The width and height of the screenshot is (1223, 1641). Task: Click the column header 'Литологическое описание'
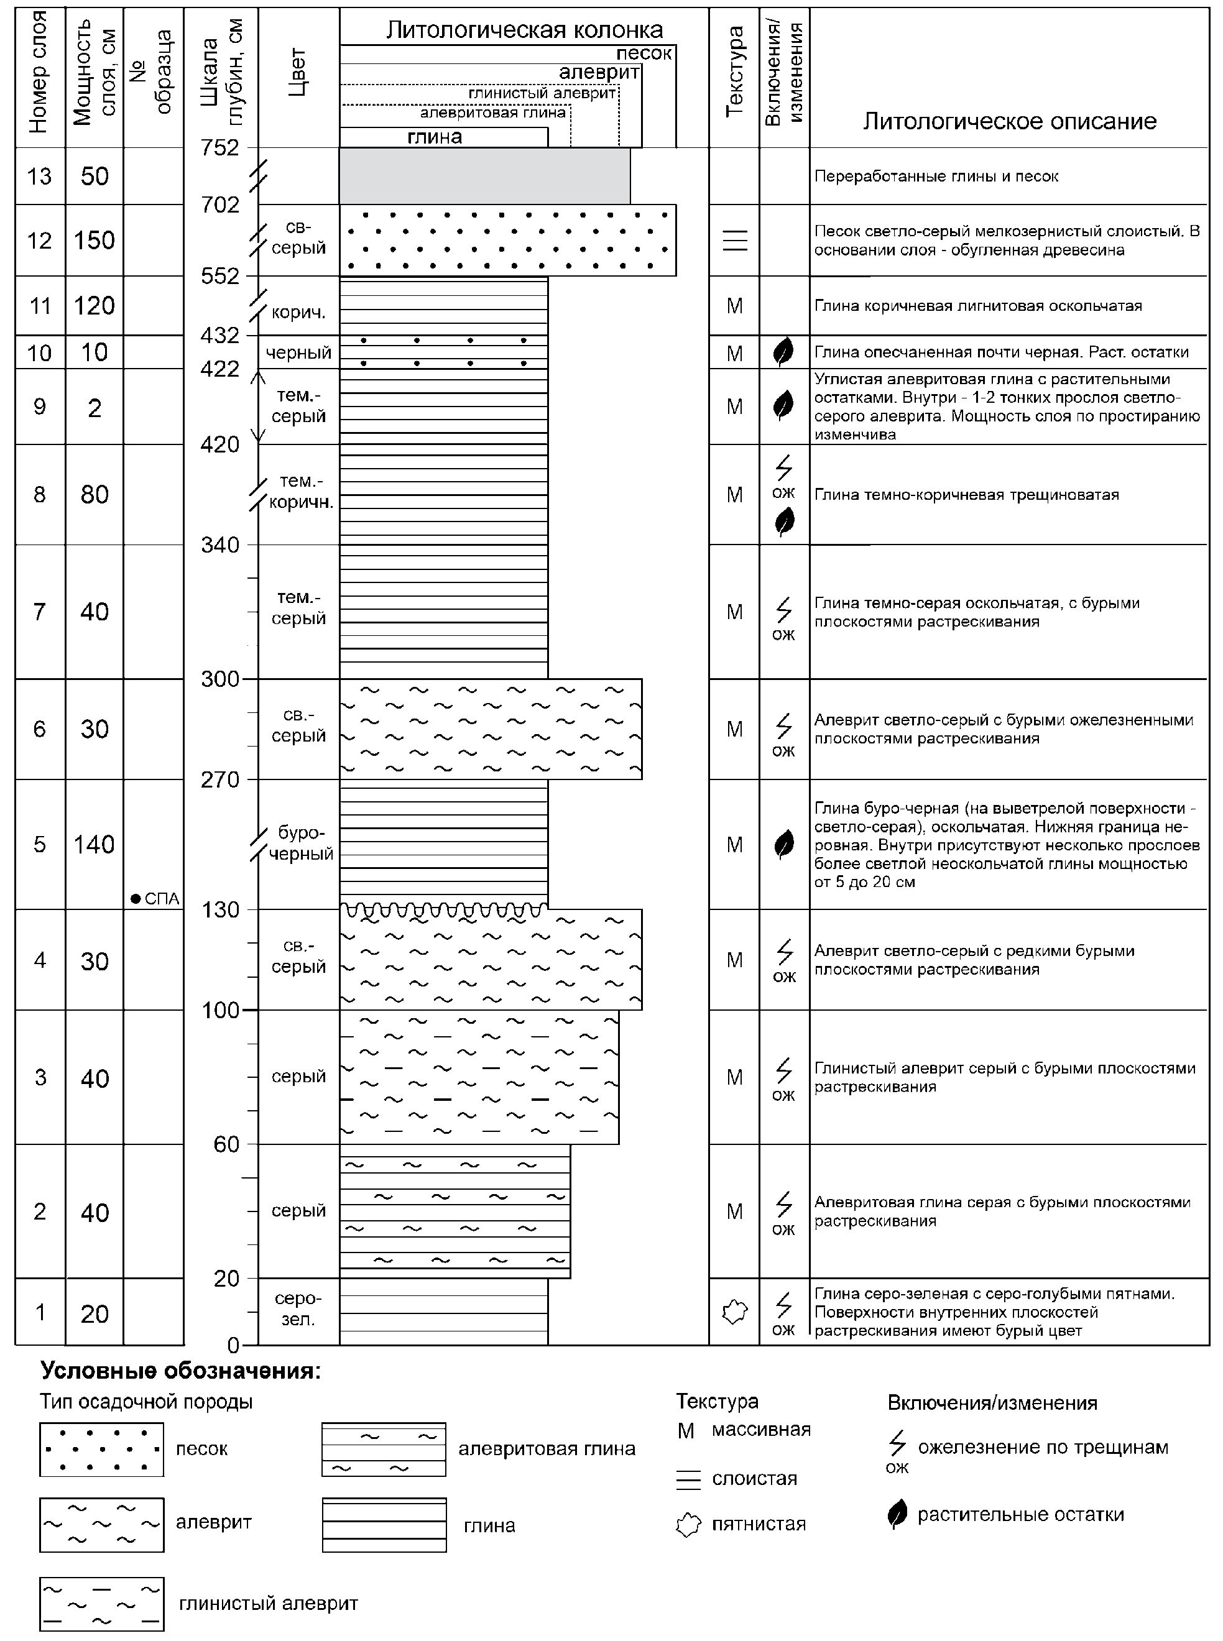(x=1009, y=121)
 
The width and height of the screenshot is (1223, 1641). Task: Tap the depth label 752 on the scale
(x=221, y=148)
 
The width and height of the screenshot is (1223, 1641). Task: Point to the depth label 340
(x=221, y=546)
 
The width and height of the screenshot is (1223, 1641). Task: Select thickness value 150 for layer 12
(x=94, y=241)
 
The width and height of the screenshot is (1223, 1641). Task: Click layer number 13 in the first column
(x=39, y=176)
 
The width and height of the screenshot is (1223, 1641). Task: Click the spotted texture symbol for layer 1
(x=734, y=1312)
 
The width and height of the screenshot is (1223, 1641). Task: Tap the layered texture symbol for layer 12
(x=734, y=241)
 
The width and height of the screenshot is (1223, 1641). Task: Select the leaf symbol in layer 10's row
(x=783, y=352)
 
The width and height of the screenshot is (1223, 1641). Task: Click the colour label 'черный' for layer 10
(x=298, y=353)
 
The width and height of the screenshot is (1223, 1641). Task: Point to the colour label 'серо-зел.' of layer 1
(x=298, y=1308)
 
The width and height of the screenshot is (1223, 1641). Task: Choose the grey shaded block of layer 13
(x=485, y=176)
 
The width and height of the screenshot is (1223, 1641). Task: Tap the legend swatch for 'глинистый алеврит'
(x=101, y=1604)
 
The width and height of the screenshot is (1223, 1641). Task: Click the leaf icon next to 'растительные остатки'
(x=897, y=1514)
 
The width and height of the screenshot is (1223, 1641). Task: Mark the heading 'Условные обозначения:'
(x=181, y=1372)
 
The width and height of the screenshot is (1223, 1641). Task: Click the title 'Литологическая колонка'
(x=524, y=30)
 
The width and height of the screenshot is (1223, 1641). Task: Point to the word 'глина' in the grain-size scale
(x=435, y=137)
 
